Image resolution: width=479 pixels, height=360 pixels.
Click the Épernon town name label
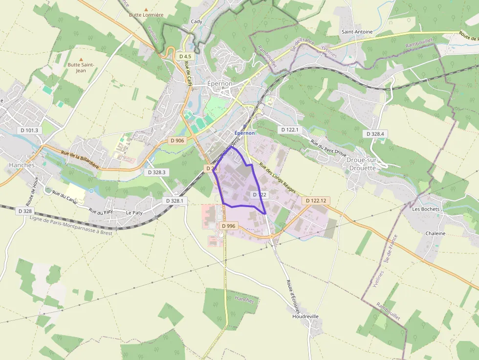pyautogui.click(x=220, y=84)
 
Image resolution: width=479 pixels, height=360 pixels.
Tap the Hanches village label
pyautogui.click(x=22, y=165)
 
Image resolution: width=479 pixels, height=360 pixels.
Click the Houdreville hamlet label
pyautogui.click(x=305, y=316)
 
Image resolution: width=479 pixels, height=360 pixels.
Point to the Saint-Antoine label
pyautogui.click(x=357, y=32)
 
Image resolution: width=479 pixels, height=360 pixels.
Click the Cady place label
pyautogui.click(x=196, y=21)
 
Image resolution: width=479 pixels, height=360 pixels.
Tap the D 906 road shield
pyautogui.click(x=177, y=140)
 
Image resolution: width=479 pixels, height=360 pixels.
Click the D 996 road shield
pyautogui.click(x=228, y=226)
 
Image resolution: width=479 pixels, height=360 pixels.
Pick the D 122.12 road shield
pyautogui.click(x=316, y=201)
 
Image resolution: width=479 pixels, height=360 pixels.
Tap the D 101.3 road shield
pyautogui.click(x=30, y=130)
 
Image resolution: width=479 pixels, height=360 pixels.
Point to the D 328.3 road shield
pyautogui.click(x=156, y=172)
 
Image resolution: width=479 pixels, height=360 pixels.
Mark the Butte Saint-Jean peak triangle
pyautogui.click(x=81, y=59)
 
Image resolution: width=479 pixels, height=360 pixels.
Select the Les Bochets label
pyautogui.click(x=426, y=209)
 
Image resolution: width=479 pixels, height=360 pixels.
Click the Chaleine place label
pyautogui.click(x=435, y=233)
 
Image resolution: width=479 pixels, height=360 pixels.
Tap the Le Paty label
pyautogui.click(x=134, y=213)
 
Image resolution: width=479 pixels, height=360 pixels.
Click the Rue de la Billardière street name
pyautogui.click(x=80, y=160)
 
